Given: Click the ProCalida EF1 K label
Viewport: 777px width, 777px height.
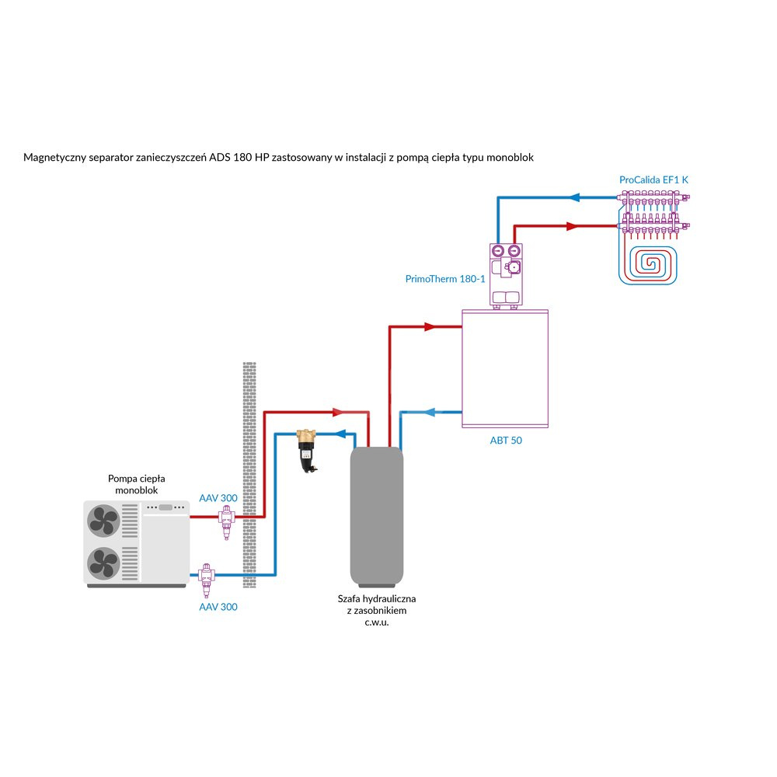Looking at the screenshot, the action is (653, 180).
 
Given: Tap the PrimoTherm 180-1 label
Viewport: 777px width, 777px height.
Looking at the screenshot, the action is (445, 279).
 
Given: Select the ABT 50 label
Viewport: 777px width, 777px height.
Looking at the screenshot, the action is (506, 440).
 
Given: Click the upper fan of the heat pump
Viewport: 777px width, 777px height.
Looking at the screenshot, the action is (103, 521).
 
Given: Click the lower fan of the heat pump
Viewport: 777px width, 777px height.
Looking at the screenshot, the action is (103, 563).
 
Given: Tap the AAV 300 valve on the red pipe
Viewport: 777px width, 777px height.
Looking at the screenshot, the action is (226, 522).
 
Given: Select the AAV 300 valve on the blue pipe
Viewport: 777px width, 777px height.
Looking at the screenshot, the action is (207, 580).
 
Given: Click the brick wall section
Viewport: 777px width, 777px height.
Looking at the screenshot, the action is (249, 475).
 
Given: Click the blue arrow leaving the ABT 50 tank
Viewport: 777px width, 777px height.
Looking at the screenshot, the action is (430, 413).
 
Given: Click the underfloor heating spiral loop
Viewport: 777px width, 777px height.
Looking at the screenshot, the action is (648, 265).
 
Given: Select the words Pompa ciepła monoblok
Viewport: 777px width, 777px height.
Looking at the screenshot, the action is (136, 484).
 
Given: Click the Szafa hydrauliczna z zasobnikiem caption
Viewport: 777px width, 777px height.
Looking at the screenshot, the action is (377, 611).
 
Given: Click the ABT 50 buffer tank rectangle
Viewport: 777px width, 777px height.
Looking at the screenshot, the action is (505, 368).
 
